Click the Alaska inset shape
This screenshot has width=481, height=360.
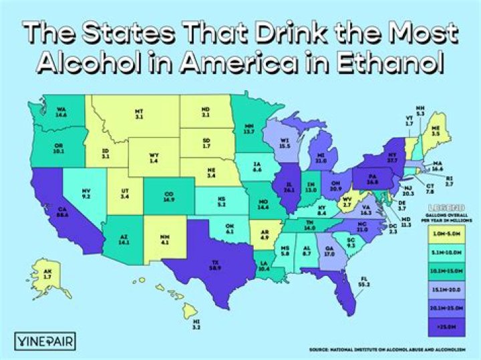[46, 275]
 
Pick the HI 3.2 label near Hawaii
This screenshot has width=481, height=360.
[196, 326]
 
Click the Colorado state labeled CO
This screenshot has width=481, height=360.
[169, 196]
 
